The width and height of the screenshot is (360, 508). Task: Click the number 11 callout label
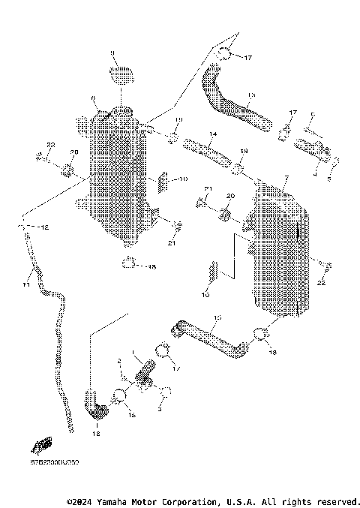click(25, 284)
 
